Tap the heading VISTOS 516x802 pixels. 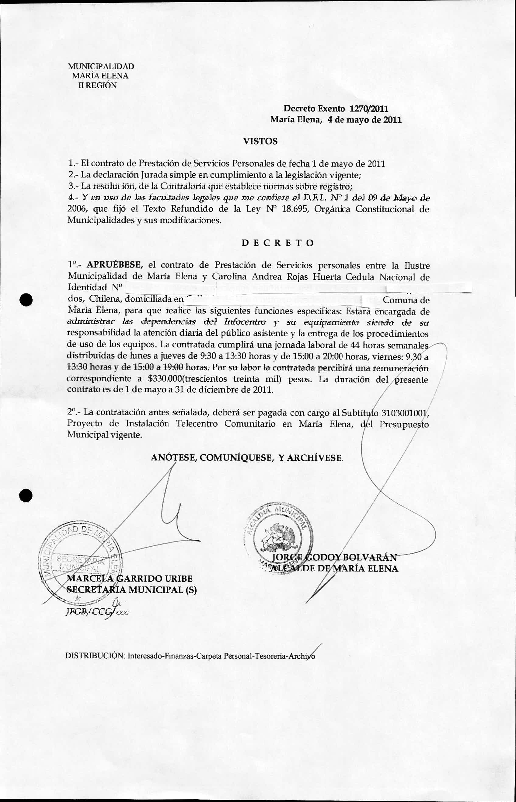tap(260, 141)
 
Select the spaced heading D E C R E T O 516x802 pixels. tap(278, 243)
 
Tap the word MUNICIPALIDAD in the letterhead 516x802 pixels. tap(101, 66)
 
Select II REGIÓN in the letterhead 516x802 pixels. tap(98, 85)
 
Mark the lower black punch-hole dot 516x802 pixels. tap(26, 495)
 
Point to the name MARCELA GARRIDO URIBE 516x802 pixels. tap(130, 579)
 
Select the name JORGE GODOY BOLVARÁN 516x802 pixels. tap(334, 557)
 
